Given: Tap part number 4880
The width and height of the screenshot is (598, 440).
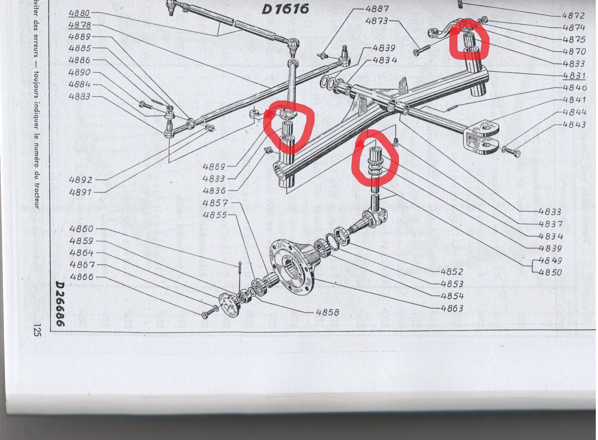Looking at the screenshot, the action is click(79, 13).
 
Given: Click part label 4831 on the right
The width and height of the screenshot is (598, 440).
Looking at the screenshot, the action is click(574, 75).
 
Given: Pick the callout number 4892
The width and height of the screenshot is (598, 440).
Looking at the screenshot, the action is click(81, 180).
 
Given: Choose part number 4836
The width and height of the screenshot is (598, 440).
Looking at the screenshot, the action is click(214, 190).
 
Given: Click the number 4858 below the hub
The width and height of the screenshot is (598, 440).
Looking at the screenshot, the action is click(328, 312).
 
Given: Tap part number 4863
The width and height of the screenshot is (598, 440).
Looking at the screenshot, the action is click(452, 308).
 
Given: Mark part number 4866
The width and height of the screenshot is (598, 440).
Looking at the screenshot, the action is click(82, 277).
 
